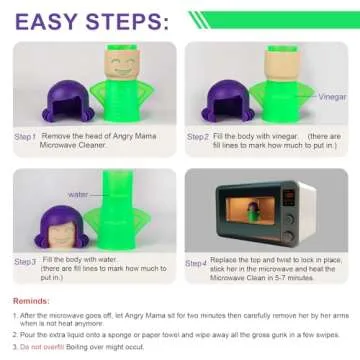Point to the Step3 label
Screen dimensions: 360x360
pyautogui.click(x=25, y=261)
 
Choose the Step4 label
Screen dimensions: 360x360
pyautogui.click(x=198, y=263)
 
